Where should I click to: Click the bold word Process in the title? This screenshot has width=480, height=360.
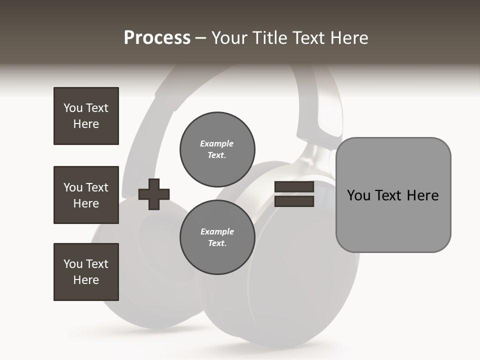pos(157,38)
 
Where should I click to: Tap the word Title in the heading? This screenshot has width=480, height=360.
pos(267,38)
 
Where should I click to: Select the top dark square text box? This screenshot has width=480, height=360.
pos(86,116)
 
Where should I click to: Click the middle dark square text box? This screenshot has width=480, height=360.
pos(86,195)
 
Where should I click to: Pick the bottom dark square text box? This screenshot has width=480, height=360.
pos(86,272)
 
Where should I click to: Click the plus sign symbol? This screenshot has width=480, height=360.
pos(154,194)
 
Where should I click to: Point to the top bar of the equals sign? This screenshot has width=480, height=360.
pos(294,187)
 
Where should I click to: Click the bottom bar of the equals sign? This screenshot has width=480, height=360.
pos(294,201)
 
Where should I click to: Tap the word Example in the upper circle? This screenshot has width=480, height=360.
pos(216,143)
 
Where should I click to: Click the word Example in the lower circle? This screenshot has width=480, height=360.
pos(217,231)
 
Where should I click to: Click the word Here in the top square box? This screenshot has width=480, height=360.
pos(86,124)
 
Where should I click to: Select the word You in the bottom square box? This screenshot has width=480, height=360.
pos(73,263)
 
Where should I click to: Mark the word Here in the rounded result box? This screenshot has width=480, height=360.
pos(422,195)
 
